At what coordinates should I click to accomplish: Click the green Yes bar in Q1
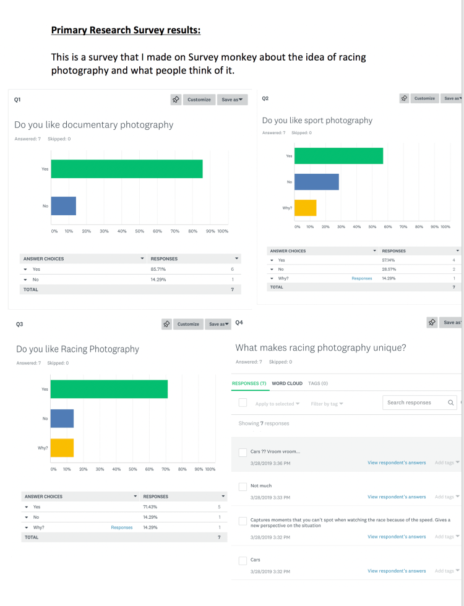(x=127, y=169)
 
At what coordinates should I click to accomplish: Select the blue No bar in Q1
(x=63, y=206)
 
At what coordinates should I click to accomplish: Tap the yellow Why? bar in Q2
(x=305, y=208)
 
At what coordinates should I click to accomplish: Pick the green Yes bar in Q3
(x=109, y=389)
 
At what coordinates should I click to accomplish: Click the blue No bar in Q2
(x=316, y=182)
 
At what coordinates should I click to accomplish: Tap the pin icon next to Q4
(x=432, y=322)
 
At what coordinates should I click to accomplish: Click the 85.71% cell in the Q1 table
(x=158, y=270)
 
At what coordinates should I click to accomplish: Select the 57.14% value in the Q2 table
(x=389, y=260)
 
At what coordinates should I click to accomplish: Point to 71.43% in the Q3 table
(x=150, y=506)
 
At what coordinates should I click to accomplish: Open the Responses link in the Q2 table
(x=362, y=278)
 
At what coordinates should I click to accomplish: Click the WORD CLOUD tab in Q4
(x=287, y=383)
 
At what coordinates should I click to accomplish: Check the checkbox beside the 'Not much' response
(x=243, y=487)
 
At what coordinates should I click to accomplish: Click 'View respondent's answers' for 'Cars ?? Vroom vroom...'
(x=397, y=463)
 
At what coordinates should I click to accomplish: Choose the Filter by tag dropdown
(x=327, y=404)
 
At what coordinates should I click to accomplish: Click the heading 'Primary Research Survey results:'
(x=126, y=30)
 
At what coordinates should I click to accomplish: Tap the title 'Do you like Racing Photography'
(x=78, y=349)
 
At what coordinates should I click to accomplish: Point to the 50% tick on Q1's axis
(x=140, y=231)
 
